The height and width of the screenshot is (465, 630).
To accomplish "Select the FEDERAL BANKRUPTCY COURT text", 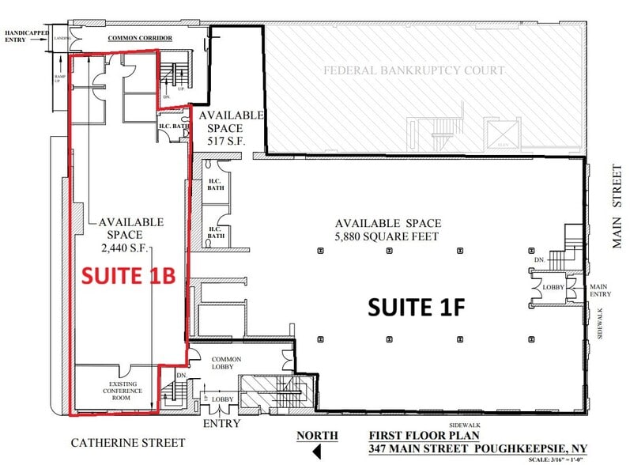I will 413,70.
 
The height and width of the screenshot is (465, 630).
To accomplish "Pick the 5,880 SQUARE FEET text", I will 387,236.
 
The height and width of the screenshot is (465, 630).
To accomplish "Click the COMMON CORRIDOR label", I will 135,37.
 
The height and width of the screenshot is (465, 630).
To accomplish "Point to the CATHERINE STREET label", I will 128,443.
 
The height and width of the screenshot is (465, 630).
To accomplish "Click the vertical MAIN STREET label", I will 617,207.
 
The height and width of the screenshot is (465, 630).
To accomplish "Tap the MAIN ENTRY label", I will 598,290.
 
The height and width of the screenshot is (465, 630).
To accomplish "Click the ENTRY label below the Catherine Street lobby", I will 221,424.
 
